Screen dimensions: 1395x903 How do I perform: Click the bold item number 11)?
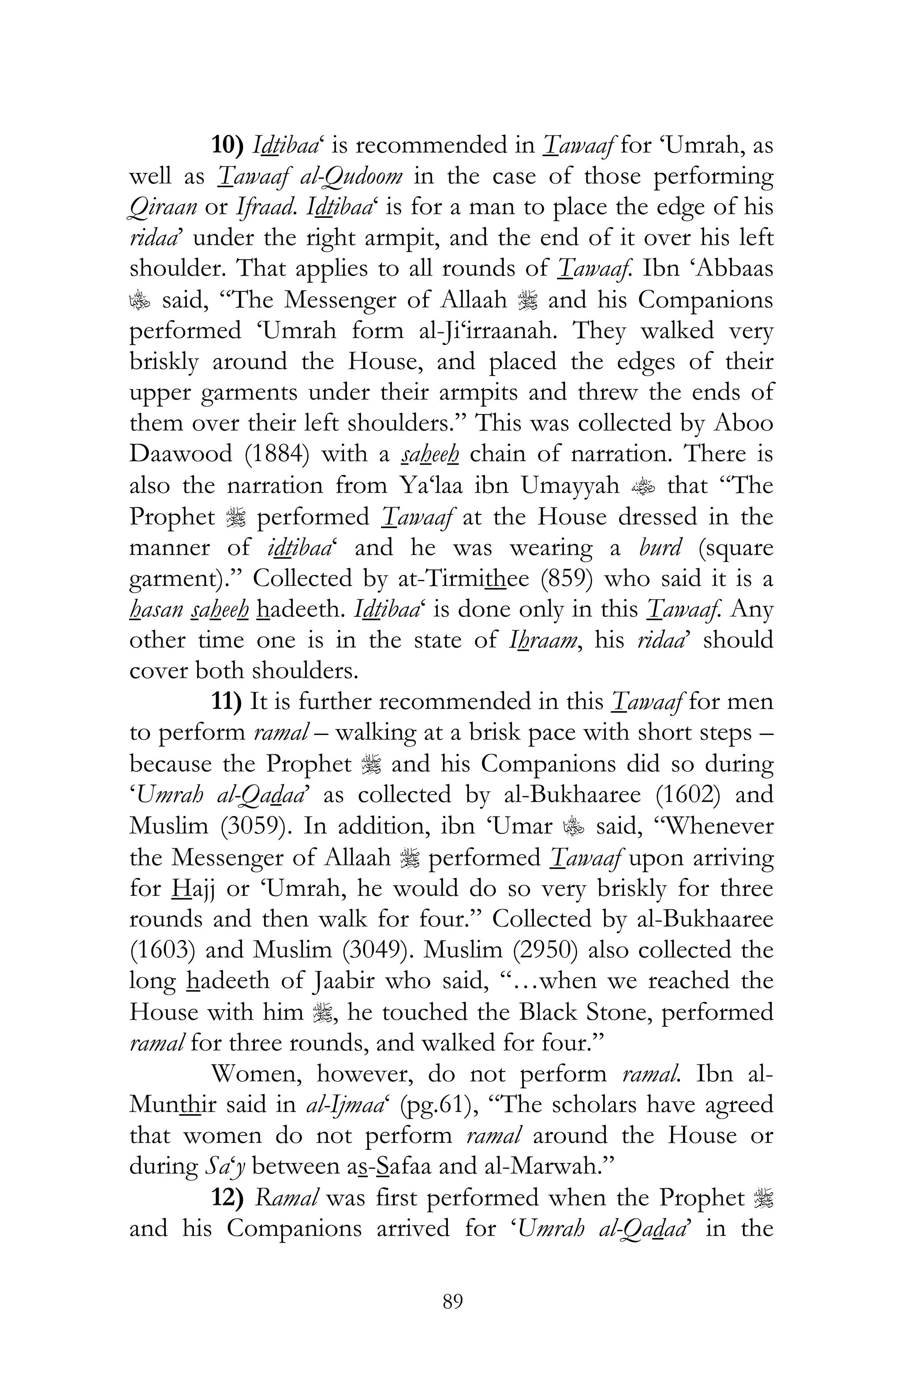tap(227, 701)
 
